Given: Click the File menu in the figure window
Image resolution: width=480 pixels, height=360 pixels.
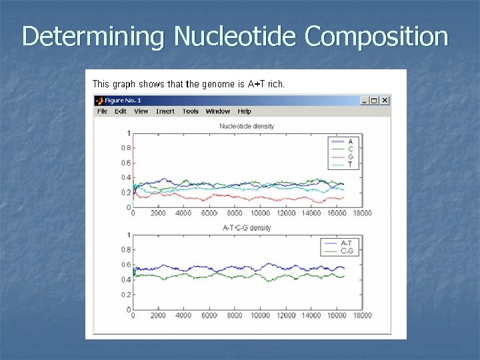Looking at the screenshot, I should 102,111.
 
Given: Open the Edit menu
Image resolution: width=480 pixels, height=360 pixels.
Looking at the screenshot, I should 121,111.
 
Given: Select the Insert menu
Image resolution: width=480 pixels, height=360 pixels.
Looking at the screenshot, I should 165,111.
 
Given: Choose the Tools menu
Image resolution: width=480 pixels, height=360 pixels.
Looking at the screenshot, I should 191,111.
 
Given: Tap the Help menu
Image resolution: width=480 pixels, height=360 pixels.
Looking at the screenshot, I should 245,111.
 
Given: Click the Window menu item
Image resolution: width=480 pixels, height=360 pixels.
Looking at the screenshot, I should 218,111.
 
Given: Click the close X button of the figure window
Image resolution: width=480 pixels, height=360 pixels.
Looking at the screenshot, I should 385,101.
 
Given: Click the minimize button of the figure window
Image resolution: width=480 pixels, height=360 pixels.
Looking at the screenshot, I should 365,101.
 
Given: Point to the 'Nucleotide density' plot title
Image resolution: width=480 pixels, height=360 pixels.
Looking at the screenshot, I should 247,126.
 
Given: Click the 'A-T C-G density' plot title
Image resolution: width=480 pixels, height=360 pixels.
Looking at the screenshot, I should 247,228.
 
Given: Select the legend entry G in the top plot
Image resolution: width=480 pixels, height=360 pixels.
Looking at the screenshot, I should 351,157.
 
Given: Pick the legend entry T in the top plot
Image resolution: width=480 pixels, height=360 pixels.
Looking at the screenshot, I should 351,164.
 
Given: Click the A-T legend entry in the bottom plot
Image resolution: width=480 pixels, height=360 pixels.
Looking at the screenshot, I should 347,243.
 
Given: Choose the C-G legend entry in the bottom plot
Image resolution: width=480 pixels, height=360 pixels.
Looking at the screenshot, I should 347,251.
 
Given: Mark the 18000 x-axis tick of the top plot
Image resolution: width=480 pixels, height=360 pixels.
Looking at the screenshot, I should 362,213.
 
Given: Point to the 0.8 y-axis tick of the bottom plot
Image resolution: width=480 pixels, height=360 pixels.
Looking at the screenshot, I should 126,250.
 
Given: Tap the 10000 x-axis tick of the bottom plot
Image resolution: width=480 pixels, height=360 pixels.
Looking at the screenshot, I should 260,315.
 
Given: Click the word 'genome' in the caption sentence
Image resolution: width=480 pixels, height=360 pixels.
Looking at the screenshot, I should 218,84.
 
